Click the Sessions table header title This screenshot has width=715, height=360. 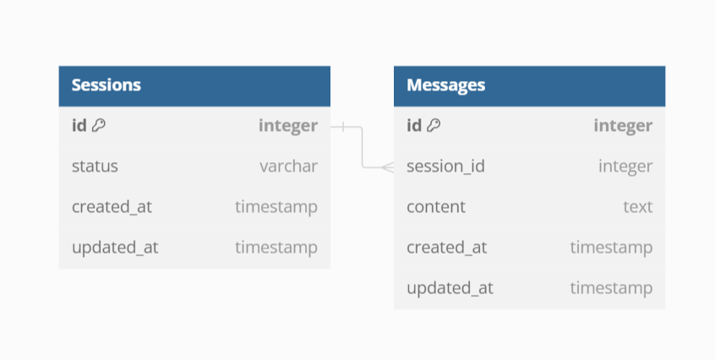click(106, 85)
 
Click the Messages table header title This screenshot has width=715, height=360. click(445, 85)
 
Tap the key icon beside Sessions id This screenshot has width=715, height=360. click(99, 126)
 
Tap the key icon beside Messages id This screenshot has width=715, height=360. click(434, 126)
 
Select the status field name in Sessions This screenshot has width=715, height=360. click(95, 166)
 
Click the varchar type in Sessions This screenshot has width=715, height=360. click(288, 166)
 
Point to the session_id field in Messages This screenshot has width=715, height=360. click(445, 166)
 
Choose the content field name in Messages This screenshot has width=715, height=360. click(436, 207)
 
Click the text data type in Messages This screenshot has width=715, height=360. click(638, 207)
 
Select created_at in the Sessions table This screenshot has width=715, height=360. click(112, 207)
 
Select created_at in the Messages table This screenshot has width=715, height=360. click(446, 248)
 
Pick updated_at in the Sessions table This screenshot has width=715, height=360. click(115, 248)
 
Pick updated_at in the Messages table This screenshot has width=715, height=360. click(450, 288)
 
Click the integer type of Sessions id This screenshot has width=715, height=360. click(288, 126)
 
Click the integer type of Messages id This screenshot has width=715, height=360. click(623, 126)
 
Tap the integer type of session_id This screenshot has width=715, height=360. click(625, 166)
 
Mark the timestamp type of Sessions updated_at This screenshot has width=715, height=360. click(276, 248)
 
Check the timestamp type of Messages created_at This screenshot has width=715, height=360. click(611, 248)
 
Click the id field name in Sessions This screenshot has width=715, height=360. click(79, 126)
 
